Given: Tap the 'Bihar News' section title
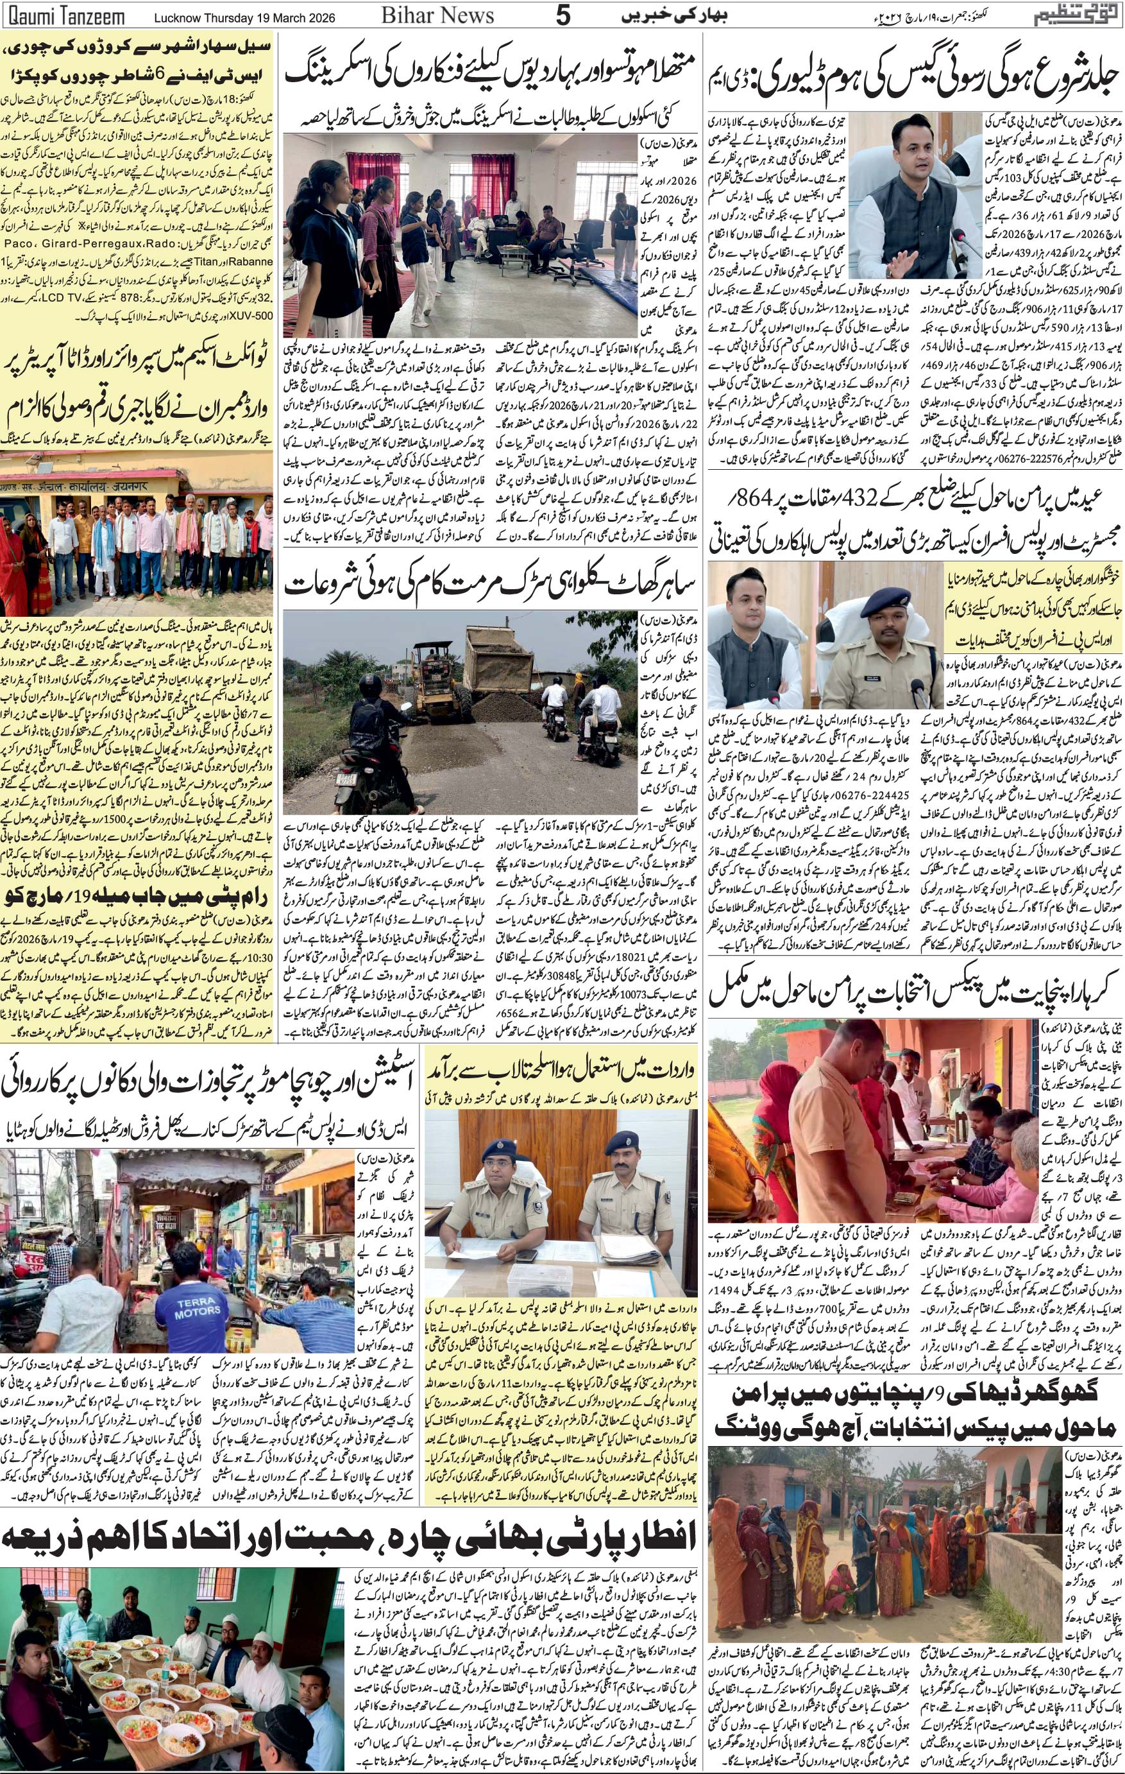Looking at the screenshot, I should [439, 15].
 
